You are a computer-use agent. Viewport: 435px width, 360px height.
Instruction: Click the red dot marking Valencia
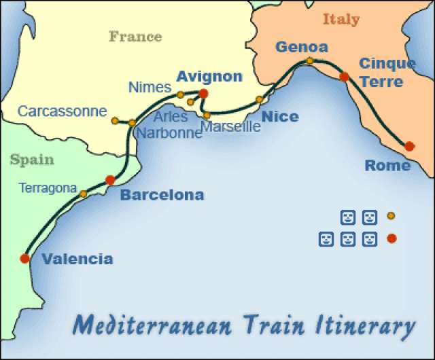(25, 258)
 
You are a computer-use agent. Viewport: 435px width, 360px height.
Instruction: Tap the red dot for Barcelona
(110, 180)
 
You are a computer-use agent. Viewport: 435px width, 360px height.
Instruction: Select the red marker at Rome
(409, 146)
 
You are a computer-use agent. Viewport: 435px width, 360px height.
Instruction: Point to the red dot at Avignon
(203, 94)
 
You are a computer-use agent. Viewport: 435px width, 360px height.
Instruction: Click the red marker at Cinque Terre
(344, 77)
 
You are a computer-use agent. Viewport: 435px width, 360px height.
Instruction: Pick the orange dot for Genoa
(310, 61)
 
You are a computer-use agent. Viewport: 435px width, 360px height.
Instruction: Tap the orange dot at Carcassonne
(115, 121)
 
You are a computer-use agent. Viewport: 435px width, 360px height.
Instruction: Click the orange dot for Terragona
(83, 194)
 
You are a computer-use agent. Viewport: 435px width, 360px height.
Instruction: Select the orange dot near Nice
(260, 100)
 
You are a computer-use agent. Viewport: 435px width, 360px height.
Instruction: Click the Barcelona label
(162, 196)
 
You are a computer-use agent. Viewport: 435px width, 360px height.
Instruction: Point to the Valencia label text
(77, 259)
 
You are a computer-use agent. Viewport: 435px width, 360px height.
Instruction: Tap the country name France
(135, 36)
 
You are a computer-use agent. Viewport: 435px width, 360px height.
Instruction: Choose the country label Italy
(341, 19)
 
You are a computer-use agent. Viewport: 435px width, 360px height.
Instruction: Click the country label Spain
(31, 160)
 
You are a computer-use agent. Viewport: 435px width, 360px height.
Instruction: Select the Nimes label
(150, 87)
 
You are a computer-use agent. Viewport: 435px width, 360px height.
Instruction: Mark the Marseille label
(231, 127)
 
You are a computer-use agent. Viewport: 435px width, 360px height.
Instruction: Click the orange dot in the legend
(391, 216)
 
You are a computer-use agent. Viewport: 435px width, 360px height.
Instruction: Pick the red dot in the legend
(391, 238)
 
